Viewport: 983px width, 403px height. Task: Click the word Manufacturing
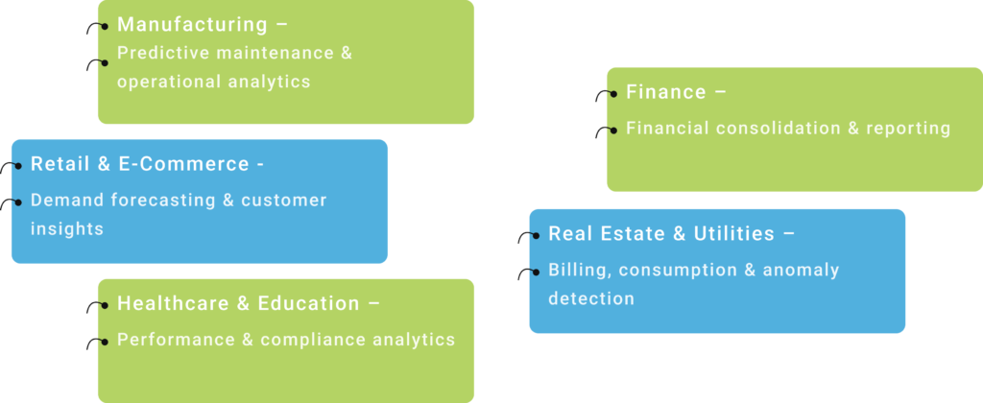192,24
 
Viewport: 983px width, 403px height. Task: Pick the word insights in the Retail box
66,229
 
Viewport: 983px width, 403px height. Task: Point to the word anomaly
801,271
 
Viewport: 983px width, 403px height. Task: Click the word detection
591,298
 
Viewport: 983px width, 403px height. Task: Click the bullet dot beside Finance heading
612,94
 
